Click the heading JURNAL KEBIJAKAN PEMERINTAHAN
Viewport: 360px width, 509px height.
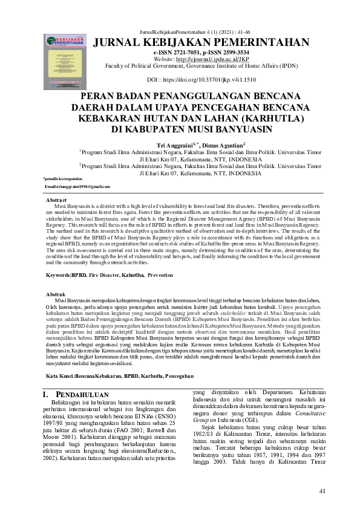click(210, 41)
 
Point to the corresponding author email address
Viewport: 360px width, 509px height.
click(77, 187)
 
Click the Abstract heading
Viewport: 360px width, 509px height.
click(57, 199)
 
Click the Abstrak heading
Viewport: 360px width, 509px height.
click(56, 293)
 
